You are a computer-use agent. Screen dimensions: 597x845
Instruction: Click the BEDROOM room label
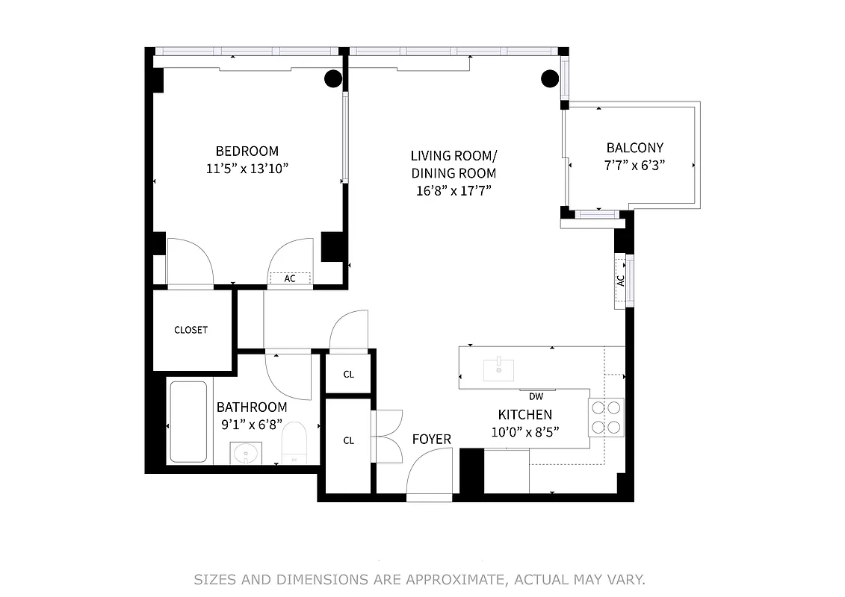(x=247, y=151)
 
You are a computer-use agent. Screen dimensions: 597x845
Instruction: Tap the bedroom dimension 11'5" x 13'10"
(x=247, y=169)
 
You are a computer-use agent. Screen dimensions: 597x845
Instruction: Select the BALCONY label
(x=634, y=148)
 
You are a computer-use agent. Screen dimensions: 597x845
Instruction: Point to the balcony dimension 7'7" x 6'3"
(x=634, y=165)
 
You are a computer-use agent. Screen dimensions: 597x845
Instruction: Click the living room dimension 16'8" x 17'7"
(x=453, y=190)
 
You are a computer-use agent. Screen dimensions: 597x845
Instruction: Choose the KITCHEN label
(x=525, y=415)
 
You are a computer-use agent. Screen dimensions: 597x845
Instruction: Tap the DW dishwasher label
(x=536, y=396)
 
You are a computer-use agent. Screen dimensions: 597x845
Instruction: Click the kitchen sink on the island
(x=498, y=369)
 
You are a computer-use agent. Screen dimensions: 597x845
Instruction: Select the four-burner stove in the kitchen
(x=606, y=417)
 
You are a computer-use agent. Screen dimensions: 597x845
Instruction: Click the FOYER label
(x=432, y=440)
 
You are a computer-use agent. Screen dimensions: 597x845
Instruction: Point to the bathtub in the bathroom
(x=188, y=422)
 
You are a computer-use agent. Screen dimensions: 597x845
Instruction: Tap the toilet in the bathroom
(x=295, y=443)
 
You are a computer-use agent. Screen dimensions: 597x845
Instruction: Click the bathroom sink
(x=246, y=452)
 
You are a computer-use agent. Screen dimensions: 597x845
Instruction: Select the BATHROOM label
(x=252, y=407)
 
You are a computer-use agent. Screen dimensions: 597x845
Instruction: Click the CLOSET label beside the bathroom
(x=191, y=330)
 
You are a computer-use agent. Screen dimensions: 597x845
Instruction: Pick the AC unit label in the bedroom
(x=290, y=278)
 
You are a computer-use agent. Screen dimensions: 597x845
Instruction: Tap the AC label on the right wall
(x=620, y=281)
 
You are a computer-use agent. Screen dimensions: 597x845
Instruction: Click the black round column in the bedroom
(x=333, y=78)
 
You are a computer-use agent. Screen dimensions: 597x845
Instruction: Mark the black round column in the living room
(x=550, y=77)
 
